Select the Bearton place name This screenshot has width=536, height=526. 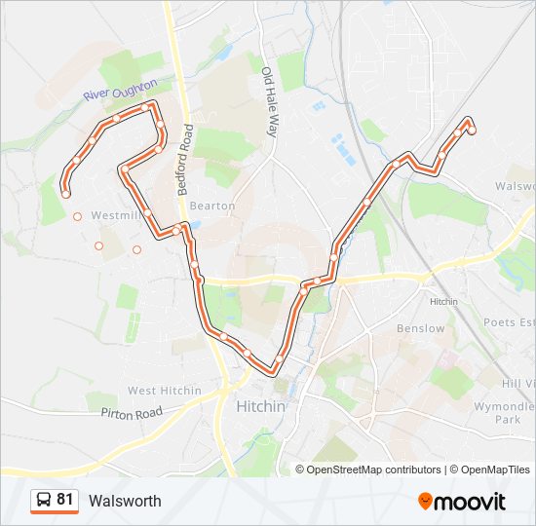(212, 206)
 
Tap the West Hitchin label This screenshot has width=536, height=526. (165, 391)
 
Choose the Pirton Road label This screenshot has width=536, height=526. (131, 413)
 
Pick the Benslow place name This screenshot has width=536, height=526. (421, 328)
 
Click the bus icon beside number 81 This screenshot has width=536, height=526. (43, 501)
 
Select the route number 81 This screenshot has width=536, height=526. (64, 500)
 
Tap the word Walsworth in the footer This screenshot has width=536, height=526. (125, 501)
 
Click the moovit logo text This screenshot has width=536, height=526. (471, 502)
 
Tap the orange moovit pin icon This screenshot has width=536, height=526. (426, 501)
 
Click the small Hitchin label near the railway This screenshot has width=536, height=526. (443, 302)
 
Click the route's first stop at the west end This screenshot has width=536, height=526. (65, 194)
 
